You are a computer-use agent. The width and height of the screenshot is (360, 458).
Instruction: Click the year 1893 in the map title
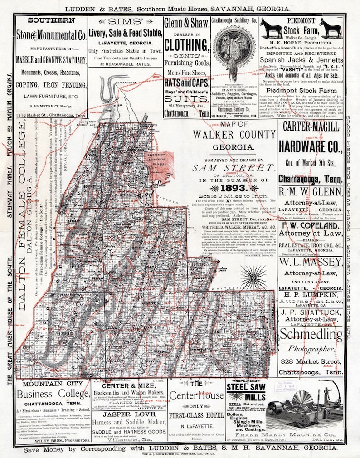[234, 187]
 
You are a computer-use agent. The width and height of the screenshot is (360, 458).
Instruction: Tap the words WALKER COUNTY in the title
[234, 134]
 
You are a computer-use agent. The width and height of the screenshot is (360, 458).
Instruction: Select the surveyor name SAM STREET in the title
[234, 167]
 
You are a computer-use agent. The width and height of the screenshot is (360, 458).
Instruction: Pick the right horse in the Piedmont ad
[331, 28]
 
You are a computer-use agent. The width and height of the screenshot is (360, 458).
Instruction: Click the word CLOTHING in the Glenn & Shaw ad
[186, 45]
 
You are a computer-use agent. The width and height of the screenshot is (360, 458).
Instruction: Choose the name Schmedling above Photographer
[311, 334]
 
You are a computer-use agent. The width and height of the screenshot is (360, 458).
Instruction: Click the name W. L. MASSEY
[311, 262]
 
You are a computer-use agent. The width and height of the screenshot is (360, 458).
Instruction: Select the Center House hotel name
[196, 395]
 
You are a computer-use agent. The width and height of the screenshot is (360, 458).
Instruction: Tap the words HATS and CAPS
[186, 83]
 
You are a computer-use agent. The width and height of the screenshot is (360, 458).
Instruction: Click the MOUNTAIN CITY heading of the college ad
[53, 384]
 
